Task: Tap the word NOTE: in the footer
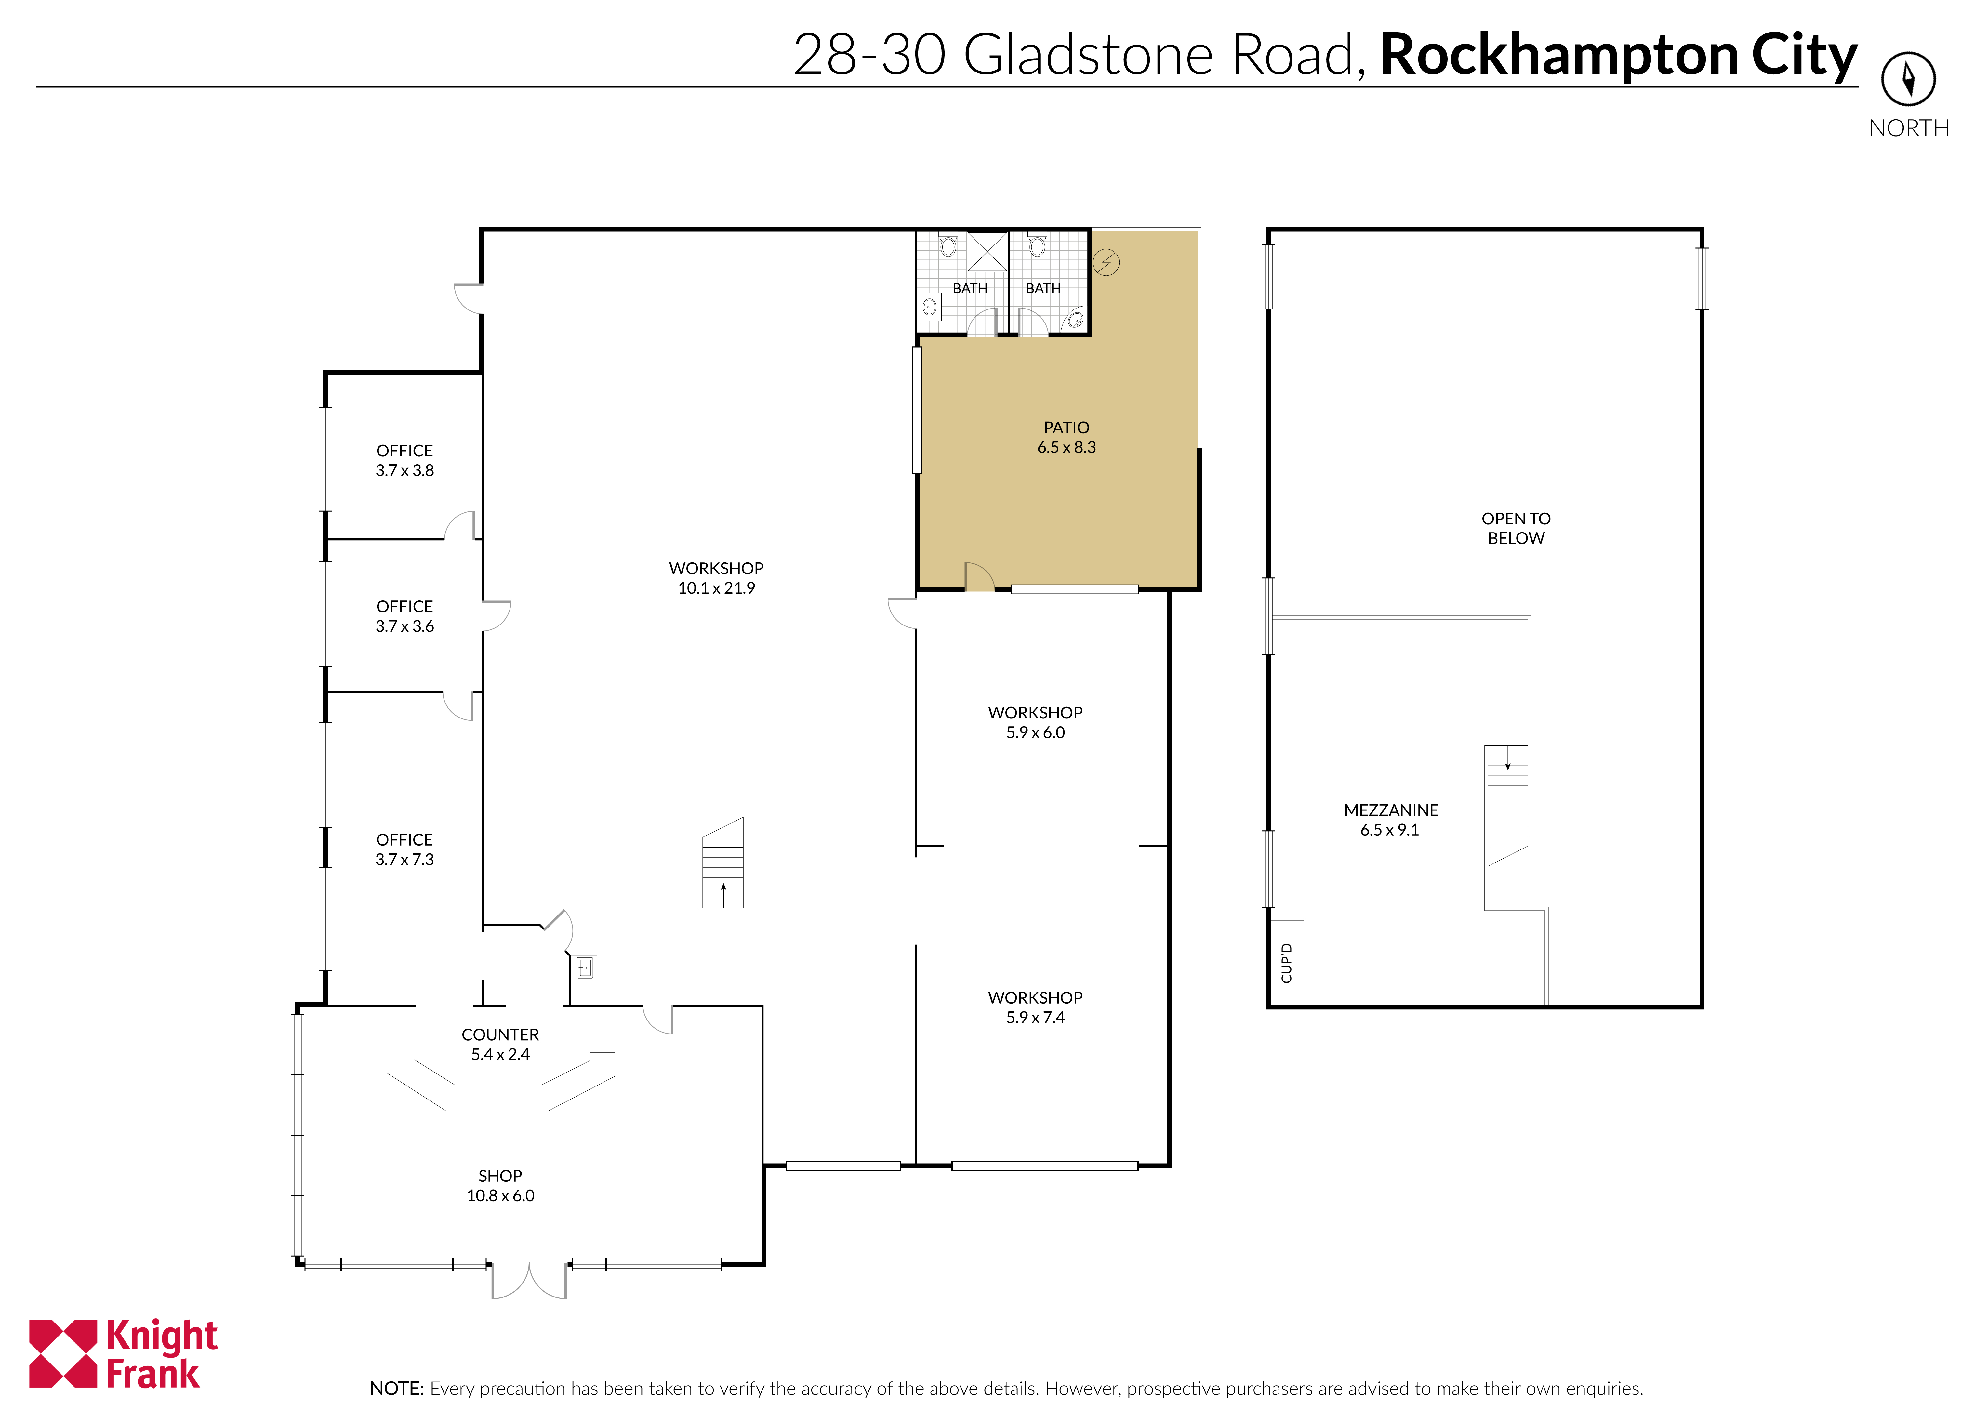(x=397, y=1388)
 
